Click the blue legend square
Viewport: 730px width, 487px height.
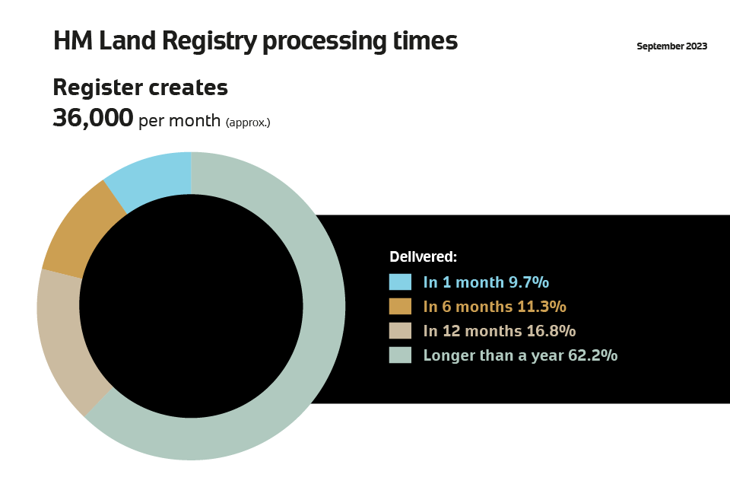click(x=400, y=282)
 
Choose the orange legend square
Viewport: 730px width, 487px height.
click(x=400, y=306)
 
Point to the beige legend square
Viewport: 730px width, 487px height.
click(x=400, y=330)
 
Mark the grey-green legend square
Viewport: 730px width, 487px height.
click(x=400, y=355)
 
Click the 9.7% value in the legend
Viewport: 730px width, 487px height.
click(x=528, y=282)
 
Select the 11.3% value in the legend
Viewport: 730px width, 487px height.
click(x=542, y=306)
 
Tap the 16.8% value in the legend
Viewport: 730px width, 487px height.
click(x=551, y=330)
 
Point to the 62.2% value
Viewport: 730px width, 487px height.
click(x=592, y=355)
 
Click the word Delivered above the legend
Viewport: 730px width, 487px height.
click(x=424, y=256)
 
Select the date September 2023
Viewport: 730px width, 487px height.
click(x=671, y=46)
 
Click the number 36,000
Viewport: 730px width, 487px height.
click(x=93, y=117)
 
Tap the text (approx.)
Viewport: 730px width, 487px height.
click(x=248, y=123)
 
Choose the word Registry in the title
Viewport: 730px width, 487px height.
click(x=210, y=41)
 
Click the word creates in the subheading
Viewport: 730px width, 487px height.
click(x=189, y=88)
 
